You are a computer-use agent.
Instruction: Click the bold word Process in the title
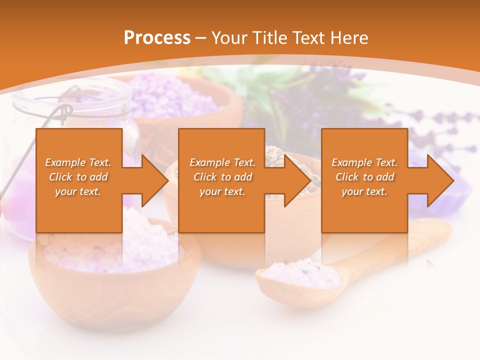pyautogui.click(x=157, y=38)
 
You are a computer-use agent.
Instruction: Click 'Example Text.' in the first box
pyautogui.click(x=78, y=162)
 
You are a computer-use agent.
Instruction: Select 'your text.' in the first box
pyautogui.click(x=78, y=191)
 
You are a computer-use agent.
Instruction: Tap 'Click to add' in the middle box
pyautogui.click(x=223, y=177)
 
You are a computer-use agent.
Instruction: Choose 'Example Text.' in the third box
pyautogui.click(x=365, y=162)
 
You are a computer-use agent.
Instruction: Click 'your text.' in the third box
pyautogui.click(x=365, y=191)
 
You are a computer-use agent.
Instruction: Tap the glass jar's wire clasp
pyautogui.click(x=60, y=115)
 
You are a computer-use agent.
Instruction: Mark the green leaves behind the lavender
pyautogui.click(x=260, y=90)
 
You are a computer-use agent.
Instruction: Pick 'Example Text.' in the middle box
pyautogui.click(x=223, y=162)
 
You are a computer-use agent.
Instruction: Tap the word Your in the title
pyautogui.click(x=229, y=38)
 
